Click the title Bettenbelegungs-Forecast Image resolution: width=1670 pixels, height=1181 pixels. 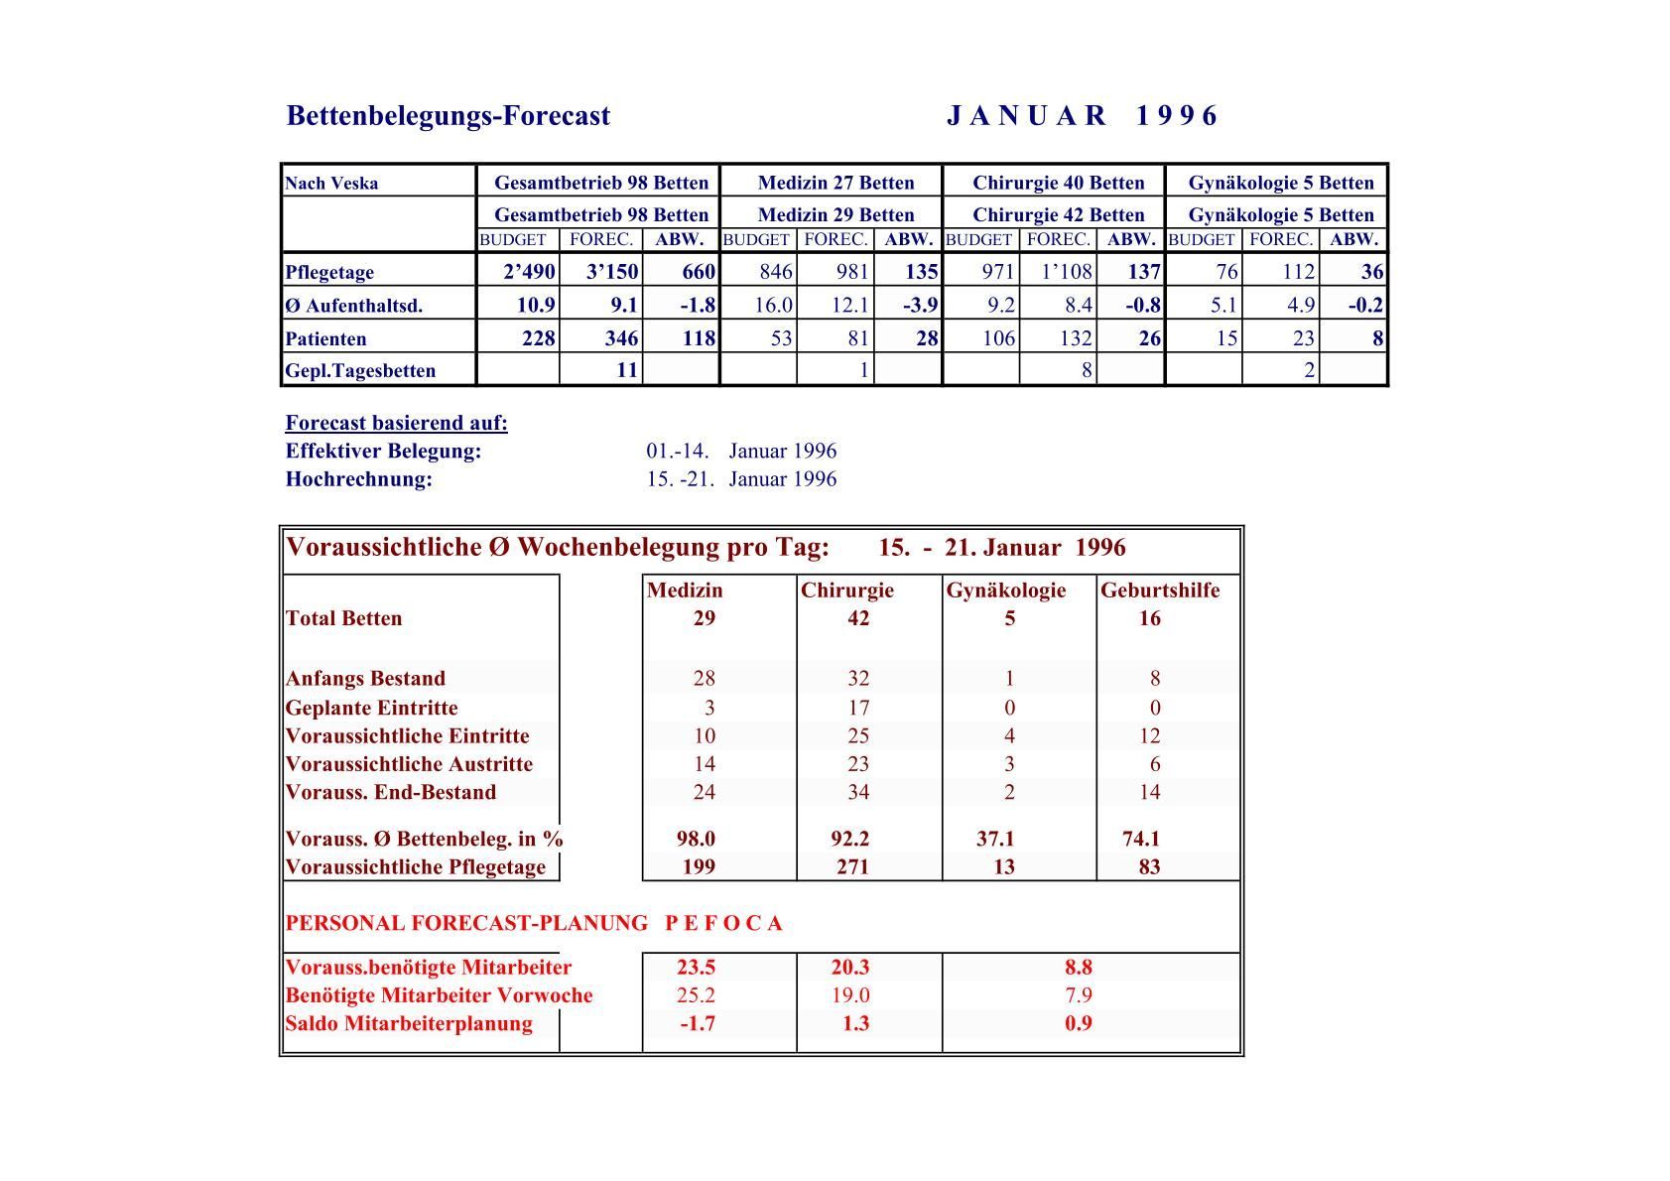[x=448, y=116]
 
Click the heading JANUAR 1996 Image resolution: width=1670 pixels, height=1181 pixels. [x=1082, y=116]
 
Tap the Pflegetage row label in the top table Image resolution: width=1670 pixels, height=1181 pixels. [x=329, y=272]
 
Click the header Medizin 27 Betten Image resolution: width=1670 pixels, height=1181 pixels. [x=835, y=183]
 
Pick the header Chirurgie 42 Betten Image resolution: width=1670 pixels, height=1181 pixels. [x=1058, y=214]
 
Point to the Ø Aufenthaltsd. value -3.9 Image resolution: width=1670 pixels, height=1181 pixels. [x=920, y=305]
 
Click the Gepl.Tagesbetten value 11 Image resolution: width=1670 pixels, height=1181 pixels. [x=626, y=370]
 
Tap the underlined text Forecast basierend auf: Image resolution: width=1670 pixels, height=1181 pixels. [x=396, y=423]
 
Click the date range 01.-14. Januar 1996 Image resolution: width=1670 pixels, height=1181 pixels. [x=741, y=451]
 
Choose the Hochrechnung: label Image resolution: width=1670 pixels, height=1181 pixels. [x=359, y=479]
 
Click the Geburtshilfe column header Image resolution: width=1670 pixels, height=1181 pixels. [x=1160, y=590]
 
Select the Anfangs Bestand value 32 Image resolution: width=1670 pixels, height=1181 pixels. [x=858, y=679]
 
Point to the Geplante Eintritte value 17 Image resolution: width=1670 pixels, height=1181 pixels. [x=858, y=708]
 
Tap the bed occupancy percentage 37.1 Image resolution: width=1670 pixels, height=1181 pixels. [x=995, y=839]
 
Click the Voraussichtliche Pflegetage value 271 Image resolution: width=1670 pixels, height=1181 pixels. [x=851, y=867]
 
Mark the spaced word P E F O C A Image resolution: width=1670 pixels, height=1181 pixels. [x=723, y=924]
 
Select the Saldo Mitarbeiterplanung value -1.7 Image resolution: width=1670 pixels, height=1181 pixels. [x=697, y=1024]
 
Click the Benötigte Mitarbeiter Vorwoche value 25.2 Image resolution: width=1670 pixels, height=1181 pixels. [x=695, y=995]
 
